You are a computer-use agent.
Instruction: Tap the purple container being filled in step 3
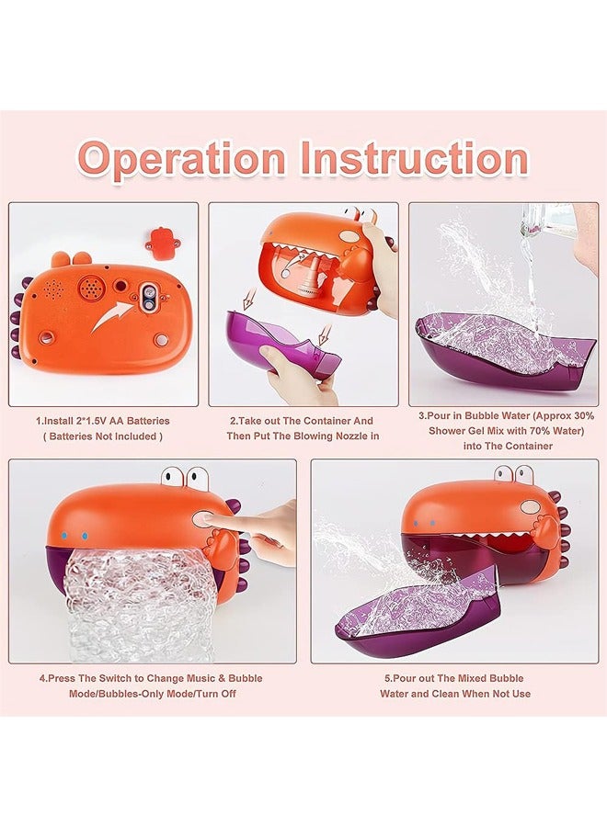point(501,350)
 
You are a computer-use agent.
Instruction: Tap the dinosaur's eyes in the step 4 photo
point(185,478)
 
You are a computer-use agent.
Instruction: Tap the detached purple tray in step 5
point(414,607)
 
